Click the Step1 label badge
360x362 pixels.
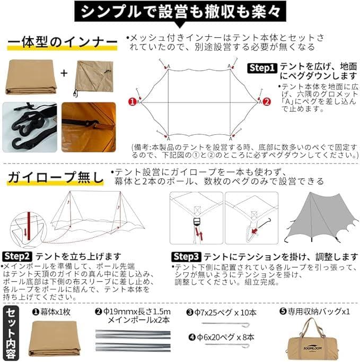coord(262,68)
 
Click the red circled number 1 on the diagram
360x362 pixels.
coord(131,100)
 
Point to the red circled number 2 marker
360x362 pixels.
coord(267,100)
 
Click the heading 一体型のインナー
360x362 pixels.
coord(62,42)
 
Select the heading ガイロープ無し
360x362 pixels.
coord(55,177)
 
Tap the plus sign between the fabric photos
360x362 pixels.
coord(64,73)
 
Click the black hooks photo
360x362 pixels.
coord(30,127)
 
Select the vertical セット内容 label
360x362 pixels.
coord(11,331)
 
